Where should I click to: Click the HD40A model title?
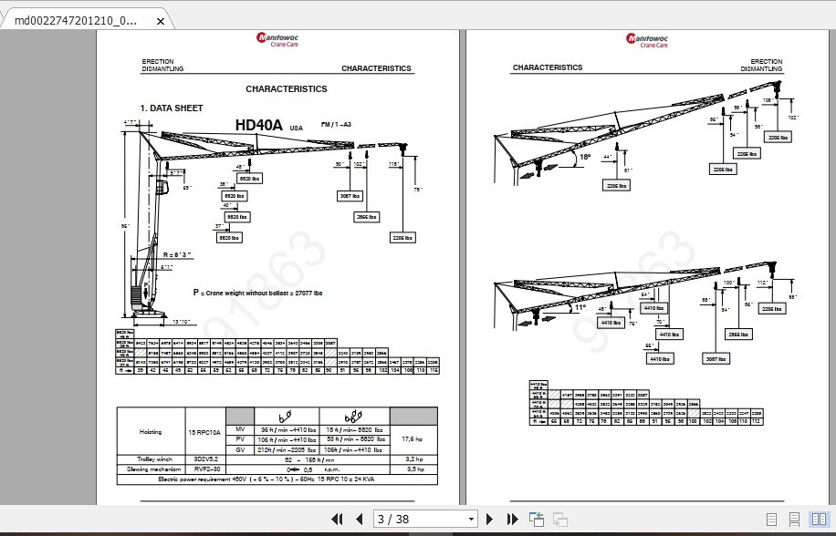[259, 125]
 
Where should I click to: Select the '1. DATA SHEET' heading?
[172, 108]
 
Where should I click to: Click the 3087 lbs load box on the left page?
[350, 195]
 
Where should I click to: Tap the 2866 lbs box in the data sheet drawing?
[367, 217]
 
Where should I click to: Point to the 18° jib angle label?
[585, 156]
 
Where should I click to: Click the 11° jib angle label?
[579, 307]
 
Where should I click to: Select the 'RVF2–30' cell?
[204, 469]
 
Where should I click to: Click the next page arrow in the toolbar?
[489, 519]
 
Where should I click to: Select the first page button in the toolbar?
[337, 519]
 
